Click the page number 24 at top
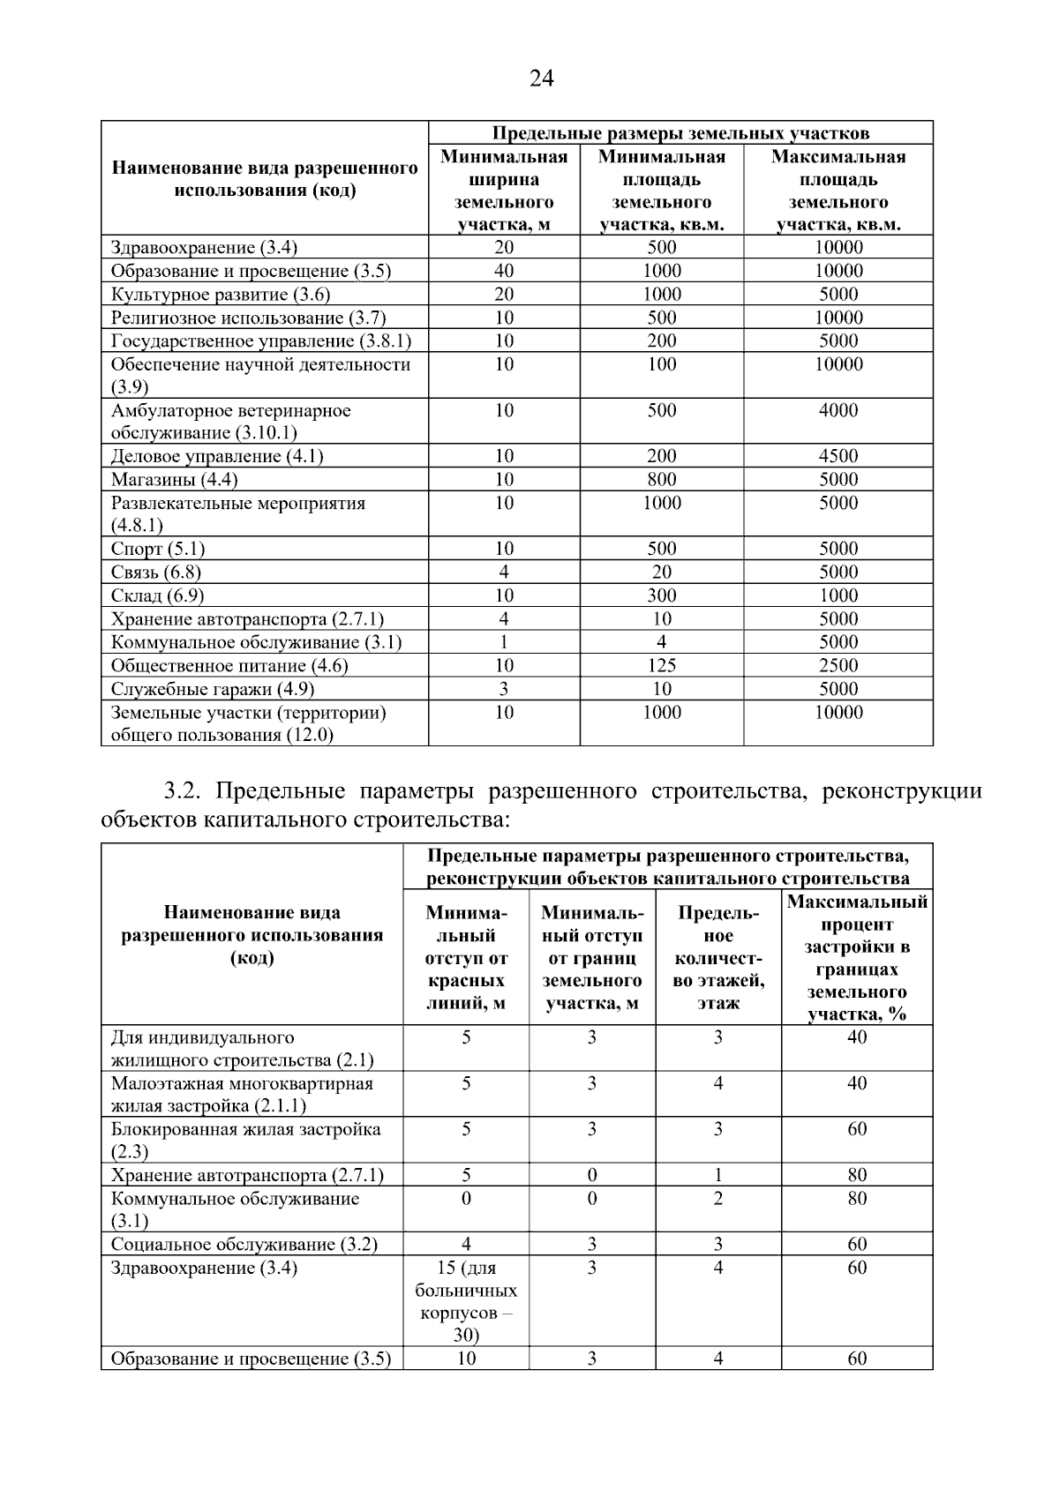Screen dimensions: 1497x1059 541,79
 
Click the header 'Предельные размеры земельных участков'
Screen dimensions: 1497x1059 680,133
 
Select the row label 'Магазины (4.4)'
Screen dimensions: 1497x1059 175,480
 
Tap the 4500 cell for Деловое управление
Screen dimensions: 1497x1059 837,456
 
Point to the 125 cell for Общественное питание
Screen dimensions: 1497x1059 661,666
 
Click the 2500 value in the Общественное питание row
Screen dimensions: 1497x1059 837,666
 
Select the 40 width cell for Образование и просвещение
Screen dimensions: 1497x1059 504,271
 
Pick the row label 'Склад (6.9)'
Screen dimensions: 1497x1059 157,595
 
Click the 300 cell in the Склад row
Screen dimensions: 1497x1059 661,595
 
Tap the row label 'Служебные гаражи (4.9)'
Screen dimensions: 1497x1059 213,689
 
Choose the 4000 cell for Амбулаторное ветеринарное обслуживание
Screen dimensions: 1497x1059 837,410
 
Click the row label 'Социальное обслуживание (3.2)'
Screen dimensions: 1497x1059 244,1245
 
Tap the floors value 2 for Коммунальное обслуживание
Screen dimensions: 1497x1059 717,1199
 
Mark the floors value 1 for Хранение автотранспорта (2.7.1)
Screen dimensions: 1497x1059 717,1175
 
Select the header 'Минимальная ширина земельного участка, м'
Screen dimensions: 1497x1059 504,191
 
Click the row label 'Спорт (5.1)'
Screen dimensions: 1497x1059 158,549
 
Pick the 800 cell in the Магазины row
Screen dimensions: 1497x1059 661,480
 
